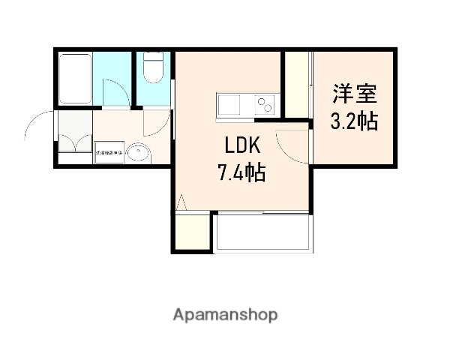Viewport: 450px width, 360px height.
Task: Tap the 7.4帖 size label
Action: tap(241, 173)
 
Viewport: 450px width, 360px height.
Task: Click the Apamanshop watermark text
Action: tap(225, 314)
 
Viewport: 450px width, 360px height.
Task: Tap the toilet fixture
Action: tap(152, 69)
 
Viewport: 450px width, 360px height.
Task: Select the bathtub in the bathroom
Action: tap(74, 79)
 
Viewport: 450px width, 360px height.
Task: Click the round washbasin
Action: tap(138, 154)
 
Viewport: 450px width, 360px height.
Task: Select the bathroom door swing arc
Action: tap(115, 92)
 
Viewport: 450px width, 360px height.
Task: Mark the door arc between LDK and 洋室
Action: tap(291, 146)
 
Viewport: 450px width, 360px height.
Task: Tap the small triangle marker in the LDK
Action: tap(180, 201)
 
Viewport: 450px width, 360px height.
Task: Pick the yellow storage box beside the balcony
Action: tap(193, 231)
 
